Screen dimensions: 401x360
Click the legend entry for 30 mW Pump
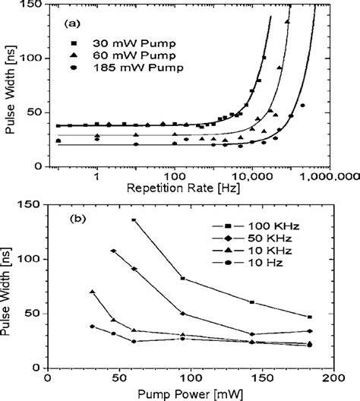click(x=121, y=42)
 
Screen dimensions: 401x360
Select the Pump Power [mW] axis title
click(x=190, y=393)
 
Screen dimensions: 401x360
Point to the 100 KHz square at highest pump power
click(x=309, y=317)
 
